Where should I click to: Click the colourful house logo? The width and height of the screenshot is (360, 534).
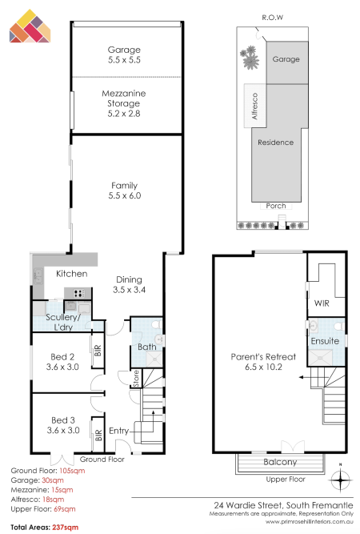tap(30, 26)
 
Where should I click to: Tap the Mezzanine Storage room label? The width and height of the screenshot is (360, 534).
tap(124, 98)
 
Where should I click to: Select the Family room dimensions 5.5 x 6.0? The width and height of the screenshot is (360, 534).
tap(125, 195)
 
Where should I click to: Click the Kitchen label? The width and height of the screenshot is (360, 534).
tap(72, 274)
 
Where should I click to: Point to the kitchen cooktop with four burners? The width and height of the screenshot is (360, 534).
tap(79, 293)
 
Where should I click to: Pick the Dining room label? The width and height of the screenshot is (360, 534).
tap(129, 279)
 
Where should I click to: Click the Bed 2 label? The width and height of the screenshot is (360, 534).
tap(62, 356)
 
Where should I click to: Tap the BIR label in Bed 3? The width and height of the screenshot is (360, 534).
tap(98, 436)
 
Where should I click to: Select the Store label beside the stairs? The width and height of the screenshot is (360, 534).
tap(136, 379)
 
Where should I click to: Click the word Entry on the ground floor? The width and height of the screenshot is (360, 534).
tap(118, 432)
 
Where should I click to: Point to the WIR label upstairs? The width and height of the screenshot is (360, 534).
tap(322, 303)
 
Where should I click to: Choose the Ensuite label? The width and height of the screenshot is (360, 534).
tap(325, 341)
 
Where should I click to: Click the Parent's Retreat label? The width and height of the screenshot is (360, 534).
tap(263, 357)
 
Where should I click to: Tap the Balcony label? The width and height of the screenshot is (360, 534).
tap(280, 462)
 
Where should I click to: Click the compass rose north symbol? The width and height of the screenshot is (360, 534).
tap(341, 478)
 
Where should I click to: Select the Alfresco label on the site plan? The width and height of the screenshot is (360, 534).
tap(254, 106)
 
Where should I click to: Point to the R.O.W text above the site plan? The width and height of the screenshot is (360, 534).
tap(273, 18)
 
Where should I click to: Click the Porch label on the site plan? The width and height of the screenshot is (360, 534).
tap(276, 206)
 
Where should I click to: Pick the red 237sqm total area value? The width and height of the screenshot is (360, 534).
tap(66, 528)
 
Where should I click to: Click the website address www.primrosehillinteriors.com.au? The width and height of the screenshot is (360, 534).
tap(310, 521)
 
